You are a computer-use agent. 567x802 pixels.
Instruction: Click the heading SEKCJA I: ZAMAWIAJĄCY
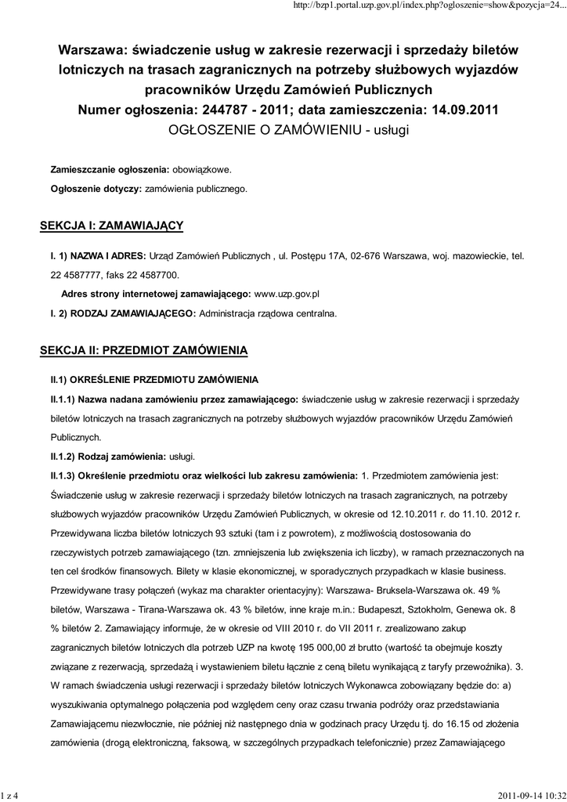point(111,226)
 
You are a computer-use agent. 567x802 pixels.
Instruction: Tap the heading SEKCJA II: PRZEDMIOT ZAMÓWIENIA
point(143,349)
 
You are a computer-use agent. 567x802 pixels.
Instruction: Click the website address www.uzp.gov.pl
point(287,293)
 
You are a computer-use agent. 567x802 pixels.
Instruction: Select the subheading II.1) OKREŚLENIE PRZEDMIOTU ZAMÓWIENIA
point(154,379)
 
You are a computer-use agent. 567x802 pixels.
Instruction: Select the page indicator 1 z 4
point(9,796)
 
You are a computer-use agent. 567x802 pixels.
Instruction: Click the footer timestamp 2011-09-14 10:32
point(530,796)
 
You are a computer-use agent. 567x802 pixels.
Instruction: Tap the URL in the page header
point(428,6)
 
